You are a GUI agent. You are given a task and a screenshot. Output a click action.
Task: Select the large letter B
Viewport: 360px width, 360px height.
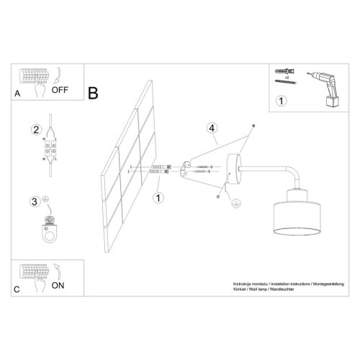click(x=92, y=93)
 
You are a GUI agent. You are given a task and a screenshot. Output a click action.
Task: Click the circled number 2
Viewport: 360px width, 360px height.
click(x=35, y=130)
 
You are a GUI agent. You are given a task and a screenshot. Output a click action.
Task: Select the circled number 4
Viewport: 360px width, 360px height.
click(x=212, y=128)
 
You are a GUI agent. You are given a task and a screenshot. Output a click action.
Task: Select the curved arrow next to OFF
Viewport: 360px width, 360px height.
click(x=57, y=75)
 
